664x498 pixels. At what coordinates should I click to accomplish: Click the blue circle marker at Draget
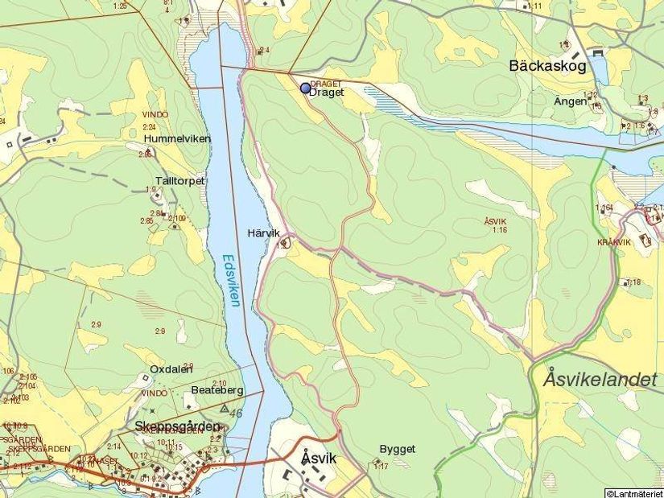(305, 88)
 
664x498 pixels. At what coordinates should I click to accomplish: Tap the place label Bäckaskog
(547, 67)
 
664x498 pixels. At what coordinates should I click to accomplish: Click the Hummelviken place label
(177, 138)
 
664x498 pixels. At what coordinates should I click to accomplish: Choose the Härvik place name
(262, 233)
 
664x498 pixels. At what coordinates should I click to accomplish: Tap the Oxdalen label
(171, 369)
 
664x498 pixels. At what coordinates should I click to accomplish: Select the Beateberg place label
(217, 389)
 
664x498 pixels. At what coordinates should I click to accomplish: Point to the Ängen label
(570, 101)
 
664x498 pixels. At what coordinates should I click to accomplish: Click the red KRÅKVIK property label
(613, 241)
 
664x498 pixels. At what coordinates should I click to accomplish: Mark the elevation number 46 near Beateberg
(236, 413)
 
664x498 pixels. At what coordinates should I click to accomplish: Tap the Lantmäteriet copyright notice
(633, 492)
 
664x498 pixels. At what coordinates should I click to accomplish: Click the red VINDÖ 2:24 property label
(155, 120)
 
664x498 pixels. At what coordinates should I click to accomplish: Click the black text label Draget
(327, 93)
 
